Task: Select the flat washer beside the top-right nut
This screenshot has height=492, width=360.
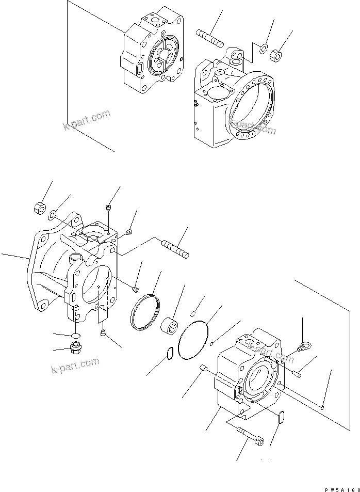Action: click(x=263, y=49)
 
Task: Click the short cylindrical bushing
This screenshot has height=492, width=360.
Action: click(x=171, y=327)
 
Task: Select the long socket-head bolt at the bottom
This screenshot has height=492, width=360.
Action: click(x=250, y=436)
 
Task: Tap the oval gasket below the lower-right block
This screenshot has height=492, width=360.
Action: click(x=281, y=417)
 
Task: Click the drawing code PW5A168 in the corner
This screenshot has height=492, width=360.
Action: click(x=340, y=487)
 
